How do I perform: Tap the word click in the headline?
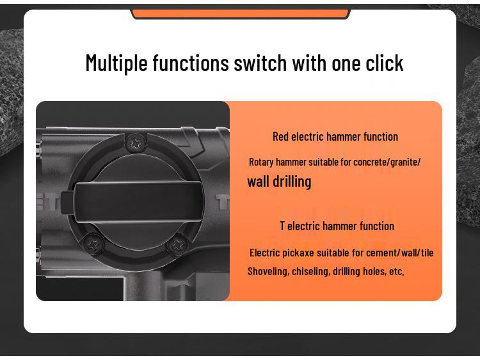point(385,63)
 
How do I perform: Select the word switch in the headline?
point(260,63)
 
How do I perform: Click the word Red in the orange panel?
point(280,136)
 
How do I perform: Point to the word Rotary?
point(260,162)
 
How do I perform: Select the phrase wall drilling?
point(279,182)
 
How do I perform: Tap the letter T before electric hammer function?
point(282,226)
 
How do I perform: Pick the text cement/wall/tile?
point(400,253)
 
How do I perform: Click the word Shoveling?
point(268,271)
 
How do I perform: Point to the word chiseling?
point(311,271)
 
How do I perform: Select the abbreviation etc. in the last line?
point(397,271)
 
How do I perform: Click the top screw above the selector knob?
point(135,144)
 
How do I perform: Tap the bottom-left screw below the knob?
point(93,243)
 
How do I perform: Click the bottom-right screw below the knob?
point(177,245)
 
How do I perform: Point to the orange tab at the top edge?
point(241,13)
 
